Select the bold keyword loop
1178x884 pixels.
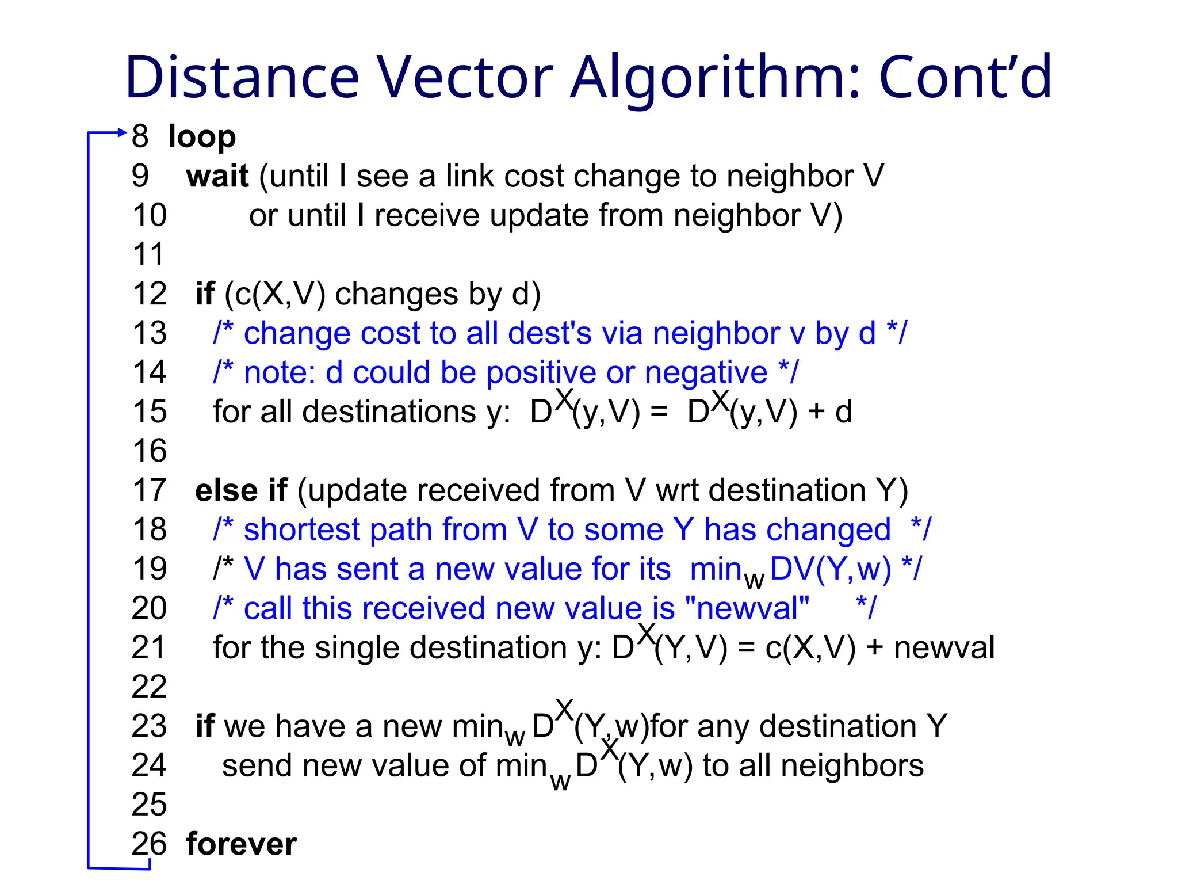pos(202,137)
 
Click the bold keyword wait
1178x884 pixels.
pos(217,176)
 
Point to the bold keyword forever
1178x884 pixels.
pos(242,844)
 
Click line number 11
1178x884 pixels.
pos(148,254)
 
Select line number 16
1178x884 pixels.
pos(150,451)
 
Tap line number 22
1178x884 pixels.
pos(149,687)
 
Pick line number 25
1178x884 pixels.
pos(149,805)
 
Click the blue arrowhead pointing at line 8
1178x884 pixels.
pos(121,132)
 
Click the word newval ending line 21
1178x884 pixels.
pos(944,647)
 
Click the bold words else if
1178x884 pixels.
pos(241,490)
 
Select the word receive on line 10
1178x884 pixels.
pos(426,216)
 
